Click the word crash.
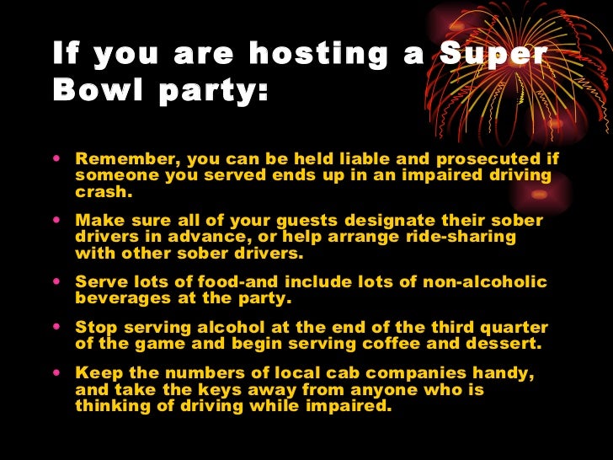[104, 191]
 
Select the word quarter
[511, 328]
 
